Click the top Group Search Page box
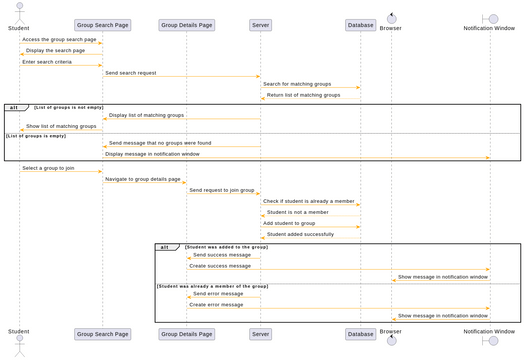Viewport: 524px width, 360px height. (x=102, y=25)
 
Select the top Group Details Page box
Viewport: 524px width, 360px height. (x=186, y=25)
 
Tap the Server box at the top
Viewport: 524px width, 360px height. (x=260, y=25)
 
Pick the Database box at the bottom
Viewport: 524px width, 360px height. (x=360, y=334)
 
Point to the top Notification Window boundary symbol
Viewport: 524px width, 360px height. (x=490, y=17)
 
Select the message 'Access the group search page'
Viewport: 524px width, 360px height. (x=59, y=39)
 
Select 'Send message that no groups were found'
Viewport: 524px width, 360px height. (x=160, y=143)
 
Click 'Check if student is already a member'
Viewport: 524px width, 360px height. (x=308, y=201)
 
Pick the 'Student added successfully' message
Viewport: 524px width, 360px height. (x=300, y=235)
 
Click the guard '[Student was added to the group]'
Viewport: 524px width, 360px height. (x=226, y=246)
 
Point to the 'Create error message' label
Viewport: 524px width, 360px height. (x=216, y=304)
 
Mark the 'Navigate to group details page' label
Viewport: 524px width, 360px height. (x=143, y=179)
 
